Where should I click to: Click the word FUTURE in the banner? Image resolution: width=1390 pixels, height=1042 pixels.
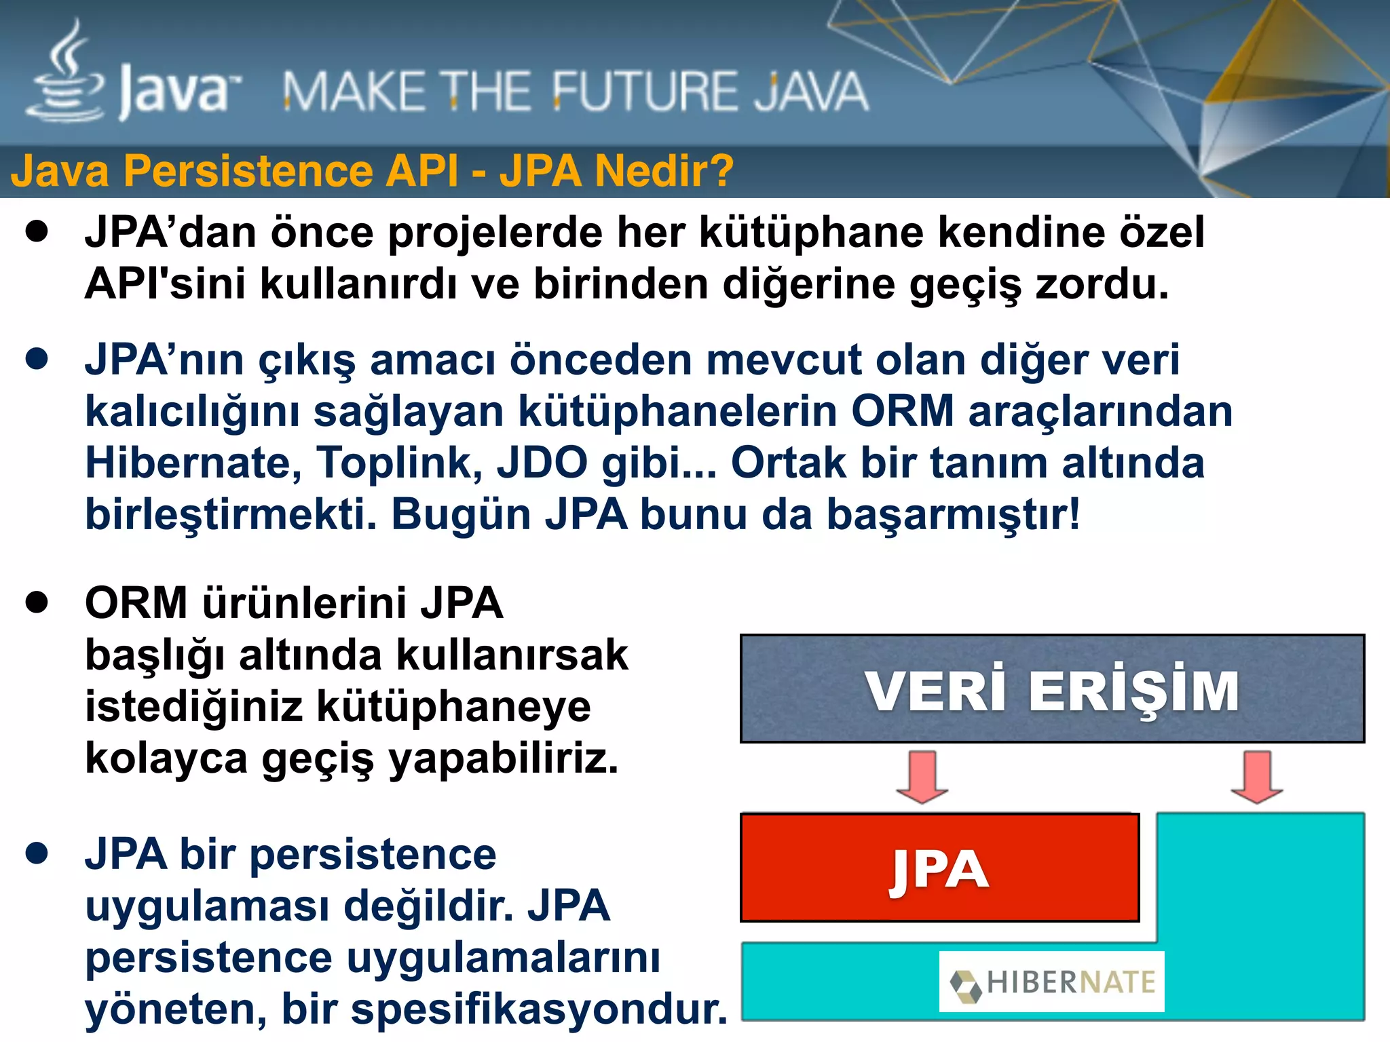click(642, 92)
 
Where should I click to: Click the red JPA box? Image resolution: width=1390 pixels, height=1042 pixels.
click(939, 868)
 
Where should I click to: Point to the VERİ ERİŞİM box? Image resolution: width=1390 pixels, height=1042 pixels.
click(1052, 689)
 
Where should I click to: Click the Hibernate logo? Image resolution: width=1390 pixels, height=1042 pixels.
click(1051, 982)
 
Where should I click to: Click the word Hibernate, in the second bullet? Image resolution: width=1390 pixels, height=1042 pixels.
click(193, 463)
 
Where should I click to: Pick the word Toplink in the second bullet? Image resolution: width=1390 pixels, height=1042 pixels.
click(400, 463)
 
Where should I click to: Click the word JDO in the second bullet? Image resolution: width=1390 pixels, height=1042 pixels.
click(542, 463)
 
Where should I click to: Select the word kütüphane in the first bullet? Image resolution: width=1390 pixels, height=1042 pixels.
click(811, 233)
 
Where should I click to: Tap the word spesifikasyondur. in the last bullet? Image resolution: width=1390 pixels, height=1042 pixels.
click(539, 1009)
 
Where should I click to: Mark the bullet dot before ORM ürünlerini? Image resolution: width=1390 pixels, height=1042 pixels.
click(37, 602)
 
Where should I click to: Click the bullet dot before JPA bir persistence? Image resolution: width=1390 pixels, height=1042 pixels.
click(37, 853)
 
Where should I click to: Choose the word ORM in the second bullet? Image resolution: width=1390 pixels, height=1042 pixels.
click(903, 412)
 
